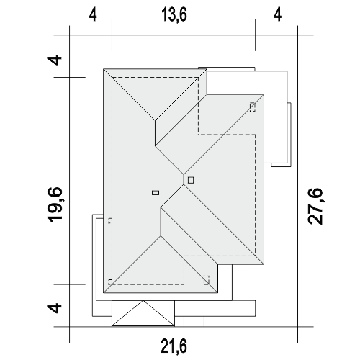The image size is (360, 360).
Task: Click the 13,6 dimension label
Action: pos(174,14)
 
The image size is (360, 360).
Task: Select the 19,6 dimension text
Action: pos(55,204)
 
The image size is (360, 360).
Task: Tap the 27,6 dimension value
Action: pos(315,207)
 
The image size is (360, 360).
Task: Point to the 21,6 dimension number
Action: pos(174,346)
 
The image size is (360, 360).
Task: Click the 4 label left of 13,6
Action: pos(93,14)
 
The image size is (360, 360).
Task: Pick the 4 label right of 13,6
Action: pos(278,14)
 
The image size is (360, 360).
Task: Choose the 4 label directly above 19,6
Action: pos(55,60)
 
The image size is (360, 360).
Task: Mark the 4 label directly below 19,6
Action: pos(55,308)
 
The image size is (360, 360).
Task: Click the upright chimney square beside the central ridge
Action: pos(191,180)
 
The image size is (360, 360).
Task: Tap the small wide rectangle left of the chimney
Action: pos(156,192)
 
